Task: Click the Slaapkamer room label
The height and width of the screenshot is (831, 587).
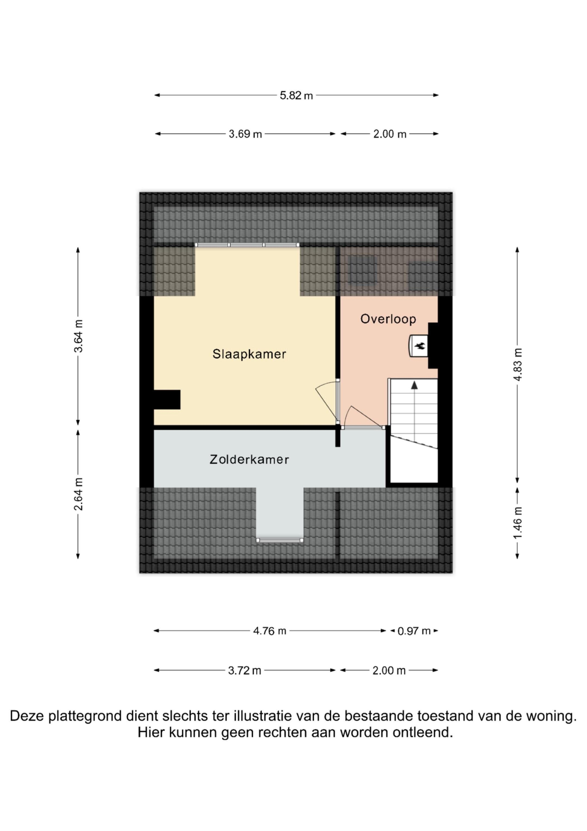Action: [249, 354]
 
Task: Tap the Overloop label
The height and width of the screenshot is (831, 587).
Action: [388, 319]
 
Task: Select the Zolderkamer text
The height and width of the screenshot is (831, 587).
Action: [249, 460]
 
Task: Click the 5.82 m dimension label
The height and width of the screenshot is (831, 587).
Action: [296, 95]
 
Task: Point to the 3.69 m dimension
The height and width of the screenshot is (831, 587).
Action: [245, 134]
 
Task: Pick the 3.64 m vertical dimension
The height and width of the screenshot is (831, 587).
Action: [78, 336]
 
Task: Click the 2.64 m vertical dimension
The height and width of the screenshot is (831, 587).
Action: [78, 494]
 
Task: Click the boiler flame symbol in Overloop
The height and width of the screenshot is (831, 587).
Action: [420, 346]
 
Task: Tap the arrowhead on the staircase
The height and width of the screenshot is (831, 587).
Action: [414, 385]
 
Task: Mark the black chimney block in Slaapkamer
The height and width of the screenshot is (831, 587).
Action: [167, 400]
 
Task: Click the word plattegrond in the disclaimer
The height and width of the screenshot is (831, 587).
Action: [85, 716]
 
